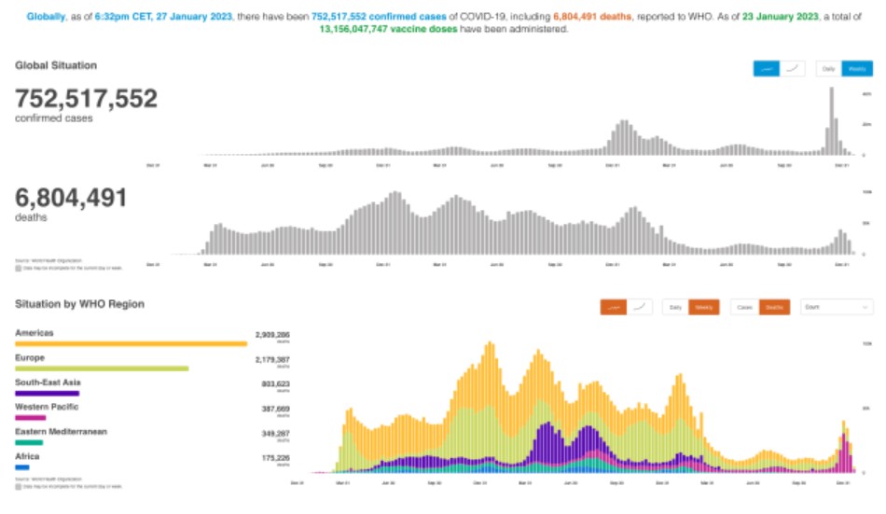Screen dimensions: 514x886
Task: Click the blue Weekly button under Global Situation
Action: [x=857, y=68]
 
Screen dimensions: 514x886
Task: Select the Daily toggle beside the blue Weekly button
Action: [x=828, y=68]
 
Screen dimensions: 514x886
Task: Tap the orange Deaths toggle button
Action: [x=774, y=307]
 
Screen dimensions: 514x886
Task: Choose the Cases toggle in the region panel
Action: [x=745, y=307]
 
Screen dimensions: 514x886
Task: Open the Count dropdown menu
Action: [x=837, y=307]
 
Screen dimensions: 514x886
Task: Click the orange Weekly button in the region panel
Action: [x=704, y=307]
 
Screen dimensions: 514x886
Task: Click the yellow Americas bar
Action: [x=131, y=344]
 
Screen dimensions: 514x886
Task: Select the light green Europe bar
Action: [x=102, y=368]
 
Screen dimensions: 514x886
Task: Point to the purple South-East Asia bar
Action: [x=47, y=394]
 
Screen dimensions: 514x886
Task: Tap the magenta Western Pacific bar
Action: [x=30, y=418]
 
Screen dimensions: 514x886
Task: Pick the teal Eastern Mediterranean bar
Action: [x=29, y=442]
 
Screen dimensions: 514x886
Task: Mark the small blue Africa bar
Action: [x=21, y=466]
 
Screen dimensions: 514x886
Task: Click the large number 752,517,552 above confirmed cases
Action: [x=86, y=99]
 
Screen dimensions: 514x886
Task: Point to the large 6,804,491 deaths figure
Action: [x=71, y=198]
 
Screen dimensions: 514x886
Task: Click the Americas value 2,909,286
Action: [x=272, y=333]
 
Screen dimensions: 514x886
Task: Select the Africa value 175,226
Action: [x=274, y=457]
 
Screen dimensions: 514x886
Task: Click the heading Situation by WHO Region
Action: [x=79, y=304]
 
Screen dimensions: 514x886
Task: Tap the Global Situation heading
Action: [x=56, y=65]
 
